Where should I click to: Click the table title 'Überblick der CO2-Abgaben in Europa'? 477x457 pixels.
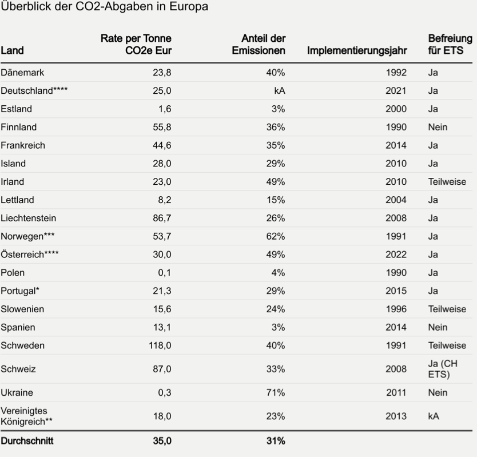[104, 7]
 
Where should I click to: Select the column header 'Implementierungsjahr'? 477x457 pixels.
[357, 50]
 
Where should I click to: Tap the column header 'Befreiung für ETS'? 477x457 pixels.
[450, 45]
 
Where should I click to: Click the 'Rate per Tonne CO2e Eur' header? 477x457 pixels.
[136, 45]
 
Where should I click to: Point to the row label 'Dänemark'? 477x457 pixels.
[22, 73]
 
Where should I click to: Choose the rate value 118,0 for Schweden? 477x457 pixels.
[160, 345]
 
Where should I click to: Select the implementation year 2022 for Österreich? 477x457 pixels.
[396, 255]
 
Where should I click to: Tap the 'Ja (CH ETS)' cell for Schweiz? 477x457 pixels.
[443, 369]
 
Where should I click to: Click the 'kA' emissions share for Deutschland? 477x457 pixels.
[279, 90]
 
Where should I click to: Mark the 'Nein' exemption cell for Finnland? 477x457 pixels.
[438, 127]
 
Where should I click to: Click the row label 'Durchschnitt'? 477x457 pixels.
[27, 441]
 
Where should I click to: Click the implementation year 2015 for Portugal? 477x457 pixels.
[396, 291]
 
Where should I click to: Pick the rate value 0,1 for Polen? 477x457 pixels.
[164, 273]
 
